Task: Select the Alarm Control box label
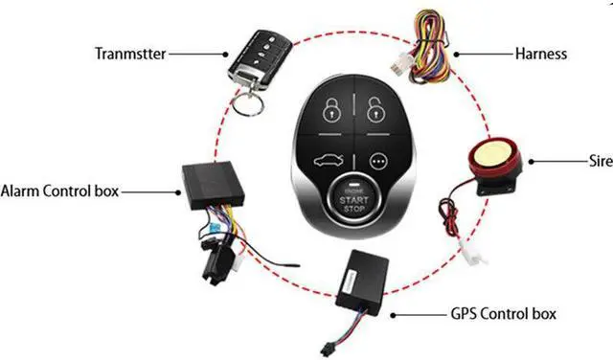point(60,190)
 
